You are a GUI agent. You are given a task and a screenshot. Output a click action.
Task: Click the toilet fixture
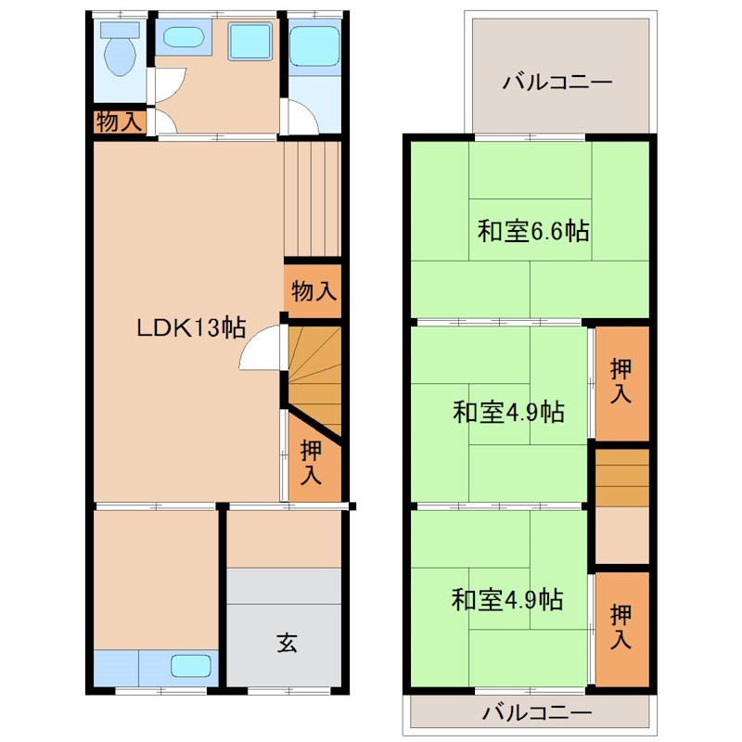tap(120, 54)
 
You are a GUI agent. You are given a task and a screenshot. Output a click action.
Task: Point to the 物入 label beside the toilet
tap(120, 122)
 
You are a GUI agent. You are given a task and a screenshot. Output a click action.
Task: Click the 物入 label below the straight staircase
tap(313, 290)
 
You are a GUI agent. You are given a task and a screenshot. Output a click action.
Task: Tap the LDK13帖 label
tap(191, 327)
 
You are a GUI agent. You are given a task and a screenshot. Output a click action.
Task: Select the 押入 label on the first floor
tap(311, 461)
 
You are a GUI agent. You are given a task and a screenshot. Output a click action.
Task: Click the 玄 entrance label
tap(287, 642)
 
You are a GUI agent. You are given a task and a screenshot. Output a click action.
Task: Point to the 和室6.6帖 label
tap(533, 231)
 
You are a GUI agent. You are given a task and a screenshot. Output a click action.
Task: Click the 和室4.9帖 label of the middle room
tap(508, 411)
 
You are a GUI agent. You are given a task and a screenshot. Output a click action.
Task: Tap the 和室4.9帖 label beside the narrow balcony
tap(507, 600)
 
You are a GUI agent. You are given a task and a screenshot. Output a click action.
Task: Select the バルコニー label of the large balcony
tap(557, 83)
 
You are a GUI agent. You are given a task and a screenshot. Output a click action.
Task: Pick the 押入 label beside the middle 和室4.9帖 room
tap(620, 380)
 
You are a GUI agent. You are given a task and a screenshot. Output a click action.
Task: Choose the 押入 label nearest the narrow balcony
tap(620, 626)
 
